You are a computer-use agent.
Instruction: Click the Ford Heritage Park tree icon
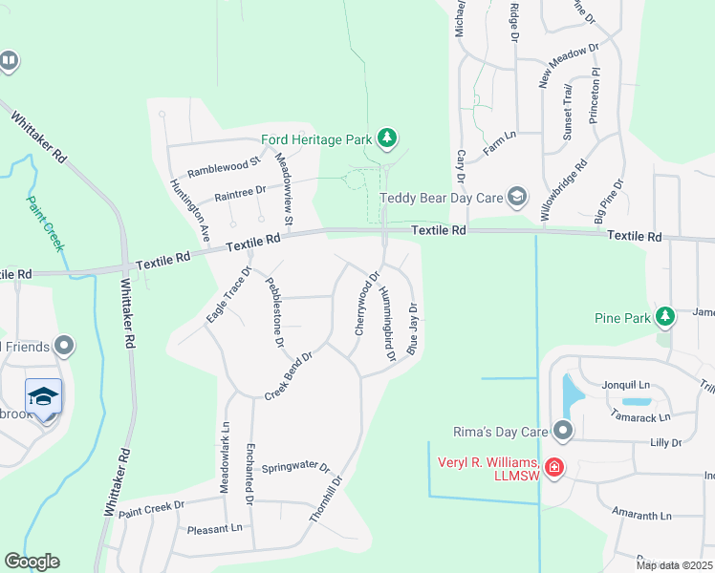point(386,139)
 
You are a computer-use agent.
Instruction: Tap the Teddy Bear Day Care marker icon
point(517,198)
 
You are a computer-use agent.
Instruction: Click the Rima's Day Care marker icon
point(563,432)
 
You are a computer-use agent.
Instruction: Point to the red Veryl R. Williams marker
point(553,468)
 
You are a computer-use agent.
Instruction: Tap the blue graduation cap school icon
point(44,396)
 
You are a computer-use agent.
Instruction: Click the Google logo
point(32,562)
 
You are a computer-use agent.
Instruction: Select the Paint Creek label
point(45,223)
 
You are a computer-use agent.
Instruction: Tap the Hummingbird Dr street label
point(386,324)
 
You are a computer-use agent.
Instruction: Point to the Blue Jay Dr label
point(414,329)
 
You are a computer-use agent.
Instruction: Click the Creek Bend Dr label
point(289,375)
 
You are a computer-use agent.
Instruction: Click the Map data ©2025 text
point(673,565)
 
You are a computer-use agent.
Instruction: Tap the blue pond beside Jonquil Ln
point(572,392)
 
